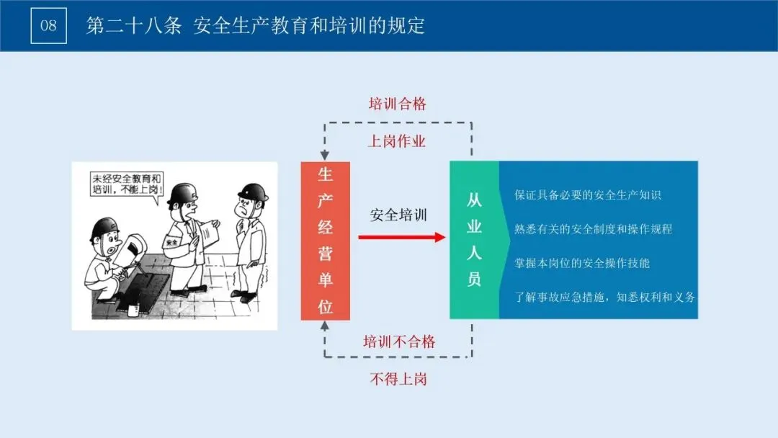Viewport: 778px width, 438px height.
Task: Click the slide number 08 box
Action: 49,26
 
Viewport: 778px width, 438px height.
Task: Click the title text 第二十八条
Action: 133,26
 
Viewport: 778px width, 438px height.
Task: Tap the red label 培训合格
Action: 398,104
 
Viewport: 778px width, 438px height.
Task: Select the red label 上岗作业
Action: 397,141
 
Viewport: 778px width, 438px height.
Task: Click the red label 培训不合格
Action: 398,341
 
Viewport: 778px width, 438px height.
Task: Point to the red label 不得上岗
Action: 398,379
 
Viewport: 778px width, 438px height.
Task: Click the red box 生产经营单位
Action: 326,241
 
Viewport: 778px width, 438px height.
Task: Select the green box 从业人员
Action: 474,240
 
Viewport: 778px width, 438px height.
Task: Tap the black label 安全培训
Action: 398,215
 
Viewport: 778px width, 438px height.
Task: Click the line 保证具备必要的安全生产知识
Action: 588,195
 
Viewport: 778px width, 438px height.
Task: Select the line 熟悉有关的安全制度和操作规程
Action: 594,229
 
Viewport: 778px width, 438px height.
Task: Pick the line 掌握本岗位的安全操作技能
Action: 582,263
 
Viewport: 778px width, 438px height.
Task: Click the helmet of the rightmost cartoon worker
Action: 252,192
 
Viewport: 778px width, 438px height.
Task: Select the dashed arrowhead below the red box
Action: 326,326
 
